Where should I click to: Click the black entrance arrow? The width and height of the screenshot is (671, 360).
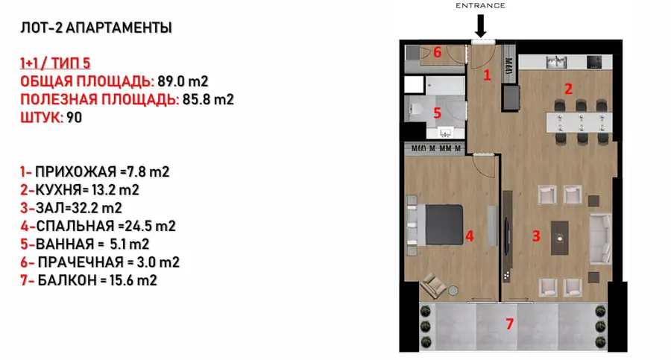click(x=480, y=28)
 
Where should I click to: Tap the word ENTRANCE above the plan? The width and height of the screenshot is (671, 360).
click(x=481, y=5)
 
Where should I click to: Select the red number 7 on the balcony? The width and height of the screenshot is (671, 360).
click(x=510, y=323)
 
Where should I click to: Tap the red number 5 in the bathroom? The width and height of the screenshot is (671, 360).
click(x=438, y=113)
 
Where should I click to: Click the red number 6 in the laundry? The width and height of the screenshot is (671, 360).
click(x=438, y=52)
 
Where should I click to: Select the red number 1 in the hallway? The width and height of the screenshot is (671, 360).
click(x=487, y=75)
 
